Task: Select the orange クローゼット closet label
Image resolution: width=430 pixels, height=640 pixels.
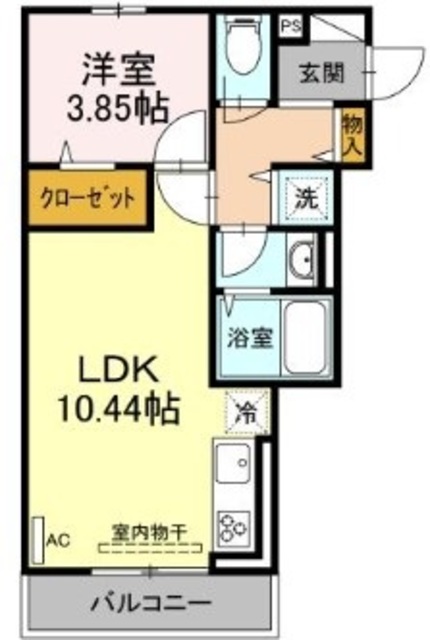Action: (x=87, y=196)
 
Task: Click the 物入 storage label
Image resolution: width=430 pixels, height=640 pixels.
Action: (x=350, y=134)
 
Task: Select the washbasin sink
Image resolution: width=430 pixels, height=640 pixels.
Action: (x=301, y=262)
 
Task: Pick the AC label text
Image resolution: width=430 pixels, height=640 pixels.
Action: (x=58, y=541)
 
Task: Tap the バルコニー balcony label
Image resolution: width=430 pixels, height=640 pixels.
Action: (x=151, y=604)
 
